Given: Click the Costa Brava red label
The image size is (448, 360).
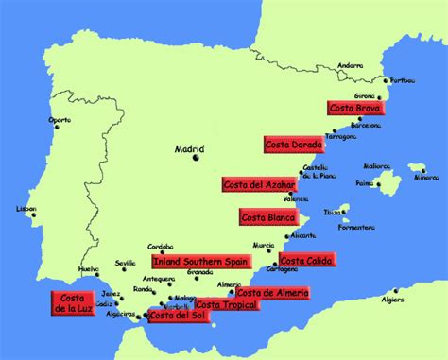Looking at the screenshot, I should (353, 108).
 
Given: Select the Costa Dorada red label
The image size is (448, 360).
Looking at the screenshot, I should (294, 144).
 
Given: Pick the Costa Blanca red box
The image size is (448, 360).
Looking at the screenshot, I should (267, 217).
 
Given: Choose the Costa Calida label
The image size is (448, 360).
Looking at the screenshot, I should (306, 260).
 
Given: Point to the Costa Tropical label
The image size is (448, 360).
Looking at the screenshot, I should (226, 305).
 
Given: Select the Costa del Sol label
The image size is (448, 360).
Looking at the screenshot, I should (178, 315).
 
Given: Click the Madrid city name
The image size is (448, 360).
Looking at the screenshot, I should (191, 148).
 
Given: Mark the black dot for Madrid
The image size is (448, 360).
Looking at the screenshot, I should (197, 159).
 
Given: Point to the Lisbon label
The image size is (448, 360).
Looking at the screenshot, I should (26, 209).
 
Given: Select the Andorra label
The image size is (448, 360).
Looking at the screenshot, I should (351, 65).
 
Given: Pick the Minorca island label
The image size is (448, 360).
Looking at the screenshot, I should (428, 177).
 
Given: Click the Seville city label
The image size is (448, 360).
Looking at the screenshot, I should (126, 263).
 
